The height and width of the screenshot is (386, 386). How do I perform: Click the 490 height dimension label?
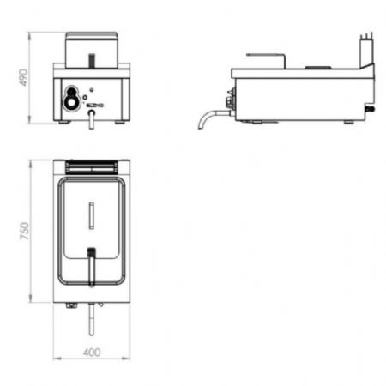click(x=23, y=77)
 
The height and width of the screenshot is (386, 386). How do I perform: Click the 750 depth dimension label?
click(x=25, y=231)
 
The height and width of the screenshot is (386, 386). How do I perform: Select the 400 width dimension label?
click(x=92, y=353)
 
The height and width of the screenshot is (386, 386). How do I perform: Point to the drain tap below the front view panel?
click(x=92, y=119)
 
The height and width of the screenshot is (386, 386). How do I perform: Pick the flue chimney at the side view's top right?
click(x=367, y=51)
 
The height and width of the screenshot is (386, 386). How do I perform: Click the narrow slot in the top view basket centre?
click(x=92, y=215)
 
